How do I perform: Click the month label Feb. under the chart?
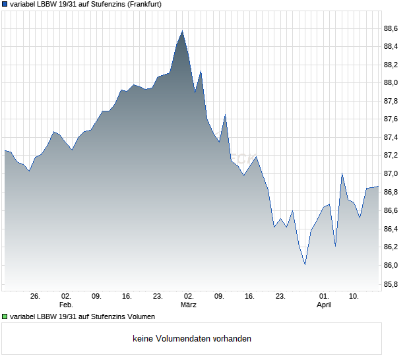pyautogui.click(x=65, y=305)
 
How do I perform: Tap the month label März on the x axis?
pyautogui.click(x=189, y=305)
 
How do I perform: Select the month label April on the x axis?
pyautogui.click(x=324, y=305)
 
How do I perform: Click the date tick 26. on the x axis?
pyautogui.click(x=35, y=297)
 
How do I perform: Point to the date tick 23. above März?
pyautogui.click(x=158, y=297)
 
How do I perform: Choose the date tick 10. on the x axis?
pyautogui.click(x=354, y=297)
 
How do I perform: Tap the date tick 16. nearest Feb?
pyautogui.click(x=127, y=297)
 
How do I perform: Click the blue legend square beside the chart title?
pyautogui.click(x=5, y=4)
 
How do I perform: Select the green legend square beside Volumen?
pyautogui.click(x=5, y=316)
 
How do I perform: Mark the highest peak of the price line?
pyautogui.click(x=182, y=30)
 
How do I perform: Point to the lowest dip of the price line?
pyautogui.click(x=305, y=264)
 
